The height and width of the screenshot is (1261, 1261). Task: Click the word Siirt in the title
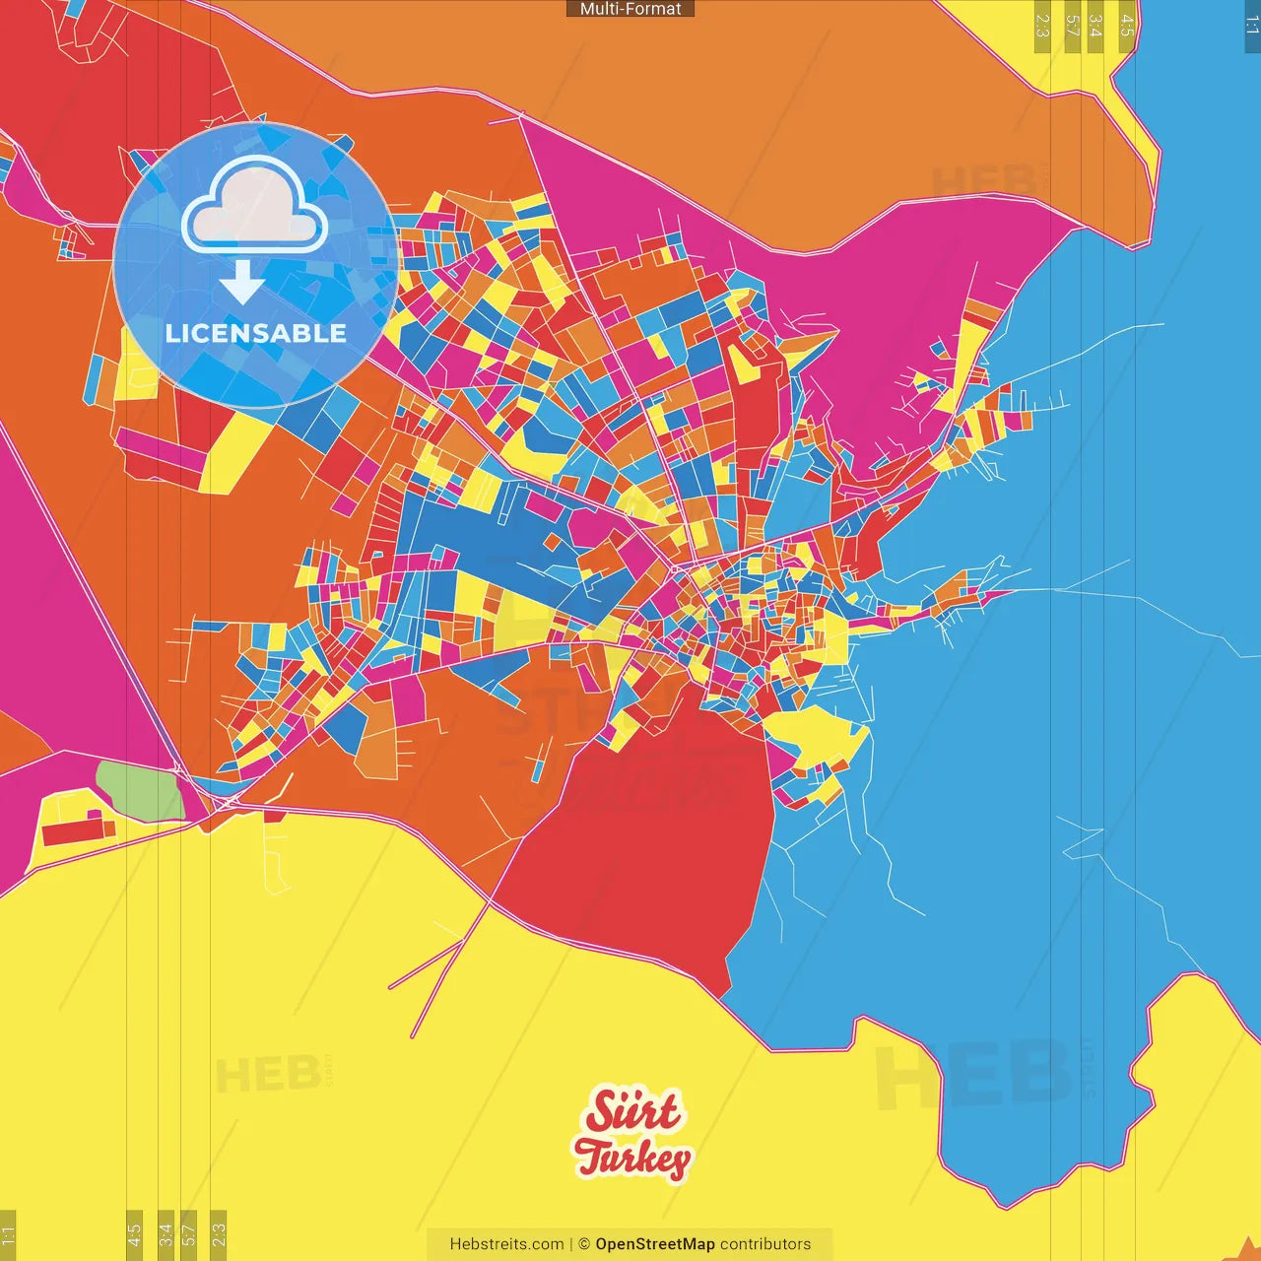coord(631,1111)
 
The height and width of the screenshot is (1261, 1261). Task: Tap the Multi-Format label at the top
coord(630,9)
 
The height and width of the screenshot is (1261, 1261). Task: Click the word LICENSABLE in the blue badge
coord(256,333)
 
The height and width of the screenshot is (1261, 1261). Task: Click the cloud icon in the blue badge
coord(254,205)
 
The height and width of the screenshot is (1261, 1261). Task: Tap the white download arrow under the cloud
coord(242,283)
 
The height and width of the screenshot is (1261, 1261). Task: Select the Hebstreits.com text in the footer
coord(506,1244)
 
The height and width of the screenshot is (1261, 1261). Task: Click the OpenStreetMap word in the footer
coord(654,1244)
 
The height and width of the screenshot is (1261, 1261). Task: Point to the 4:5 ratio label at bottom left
coord(134,1233)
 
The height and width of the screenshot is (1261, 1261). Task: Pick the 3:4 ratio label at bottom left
coord(166,1233)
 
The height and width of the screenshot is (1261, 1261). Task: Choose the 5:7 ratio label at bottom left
coord(189,1233)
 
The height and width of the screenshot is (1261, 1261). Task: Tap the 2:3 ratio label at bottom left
coord(219,1233)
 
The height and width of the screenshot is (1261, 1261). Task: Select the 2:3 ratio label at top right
coord(1042,26)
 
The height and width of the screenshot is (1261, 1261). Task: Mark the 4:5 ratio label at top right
coord(1127,26)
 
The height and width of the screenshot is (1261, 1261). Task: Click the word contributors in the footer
coord(765,1244)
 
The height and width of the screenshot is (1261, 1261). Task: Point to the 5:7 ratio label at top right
coord(1072,26)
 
